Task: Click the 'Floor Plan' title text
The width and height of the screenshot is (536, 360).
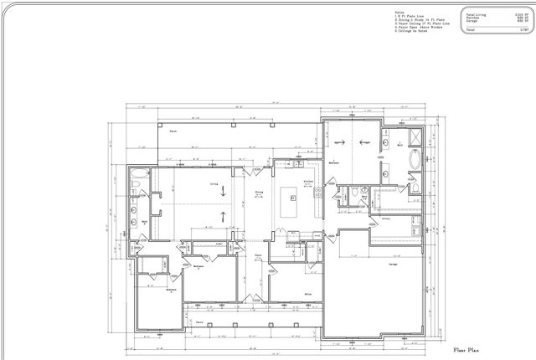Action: (466, 349)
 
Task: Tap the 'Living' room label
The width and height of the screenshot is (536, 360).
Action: (214, 183)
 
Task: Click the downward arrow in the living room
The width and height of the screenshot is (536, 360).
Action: (224, 191)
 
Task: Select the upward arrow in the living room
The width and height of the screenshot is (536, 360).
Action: (224, 218)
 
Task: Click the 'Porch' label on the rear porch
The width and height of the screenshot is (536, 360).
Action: (173, 131)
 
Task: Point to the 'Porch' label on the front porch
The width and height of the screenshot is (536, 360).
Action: (199, 321)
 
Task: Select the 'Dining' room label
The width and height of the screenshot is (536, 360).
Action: (259, 191)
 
